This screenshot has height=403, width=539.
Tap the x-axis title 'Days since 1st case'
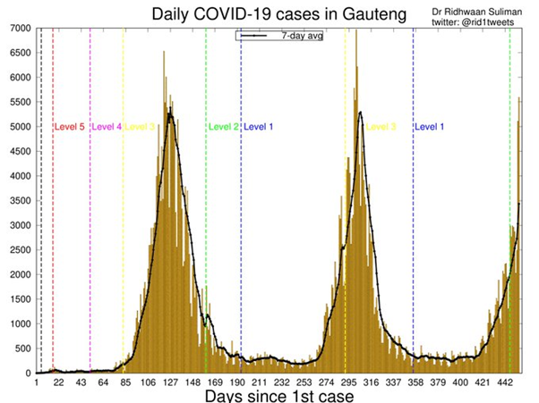click(279, 394)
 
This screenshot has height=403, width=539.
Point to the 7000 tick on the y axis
click(20, 29)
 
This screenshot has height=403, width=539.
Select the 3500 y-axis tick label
click(20, 200)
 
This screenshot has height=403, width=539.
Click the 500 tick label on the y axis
click(22, 348)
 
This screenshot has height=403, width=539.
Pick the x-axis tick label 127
click(169, 382)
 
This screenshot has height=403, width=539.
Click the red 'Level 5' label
click(69, 127)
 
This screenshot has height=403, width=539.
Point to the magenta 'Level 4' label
click(107, 127)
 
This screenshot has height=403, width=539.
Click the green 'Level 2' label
click(223, 127)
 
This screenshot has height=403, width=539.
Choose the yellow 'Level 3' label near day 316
click(380, 127)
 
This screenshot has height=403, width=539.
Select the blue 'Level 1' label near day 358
click(429, 127)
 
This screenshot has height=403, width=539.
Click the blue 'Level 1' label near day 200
click(258, 127)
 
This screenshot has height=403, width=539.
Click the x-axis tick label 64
click(103, 382)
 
